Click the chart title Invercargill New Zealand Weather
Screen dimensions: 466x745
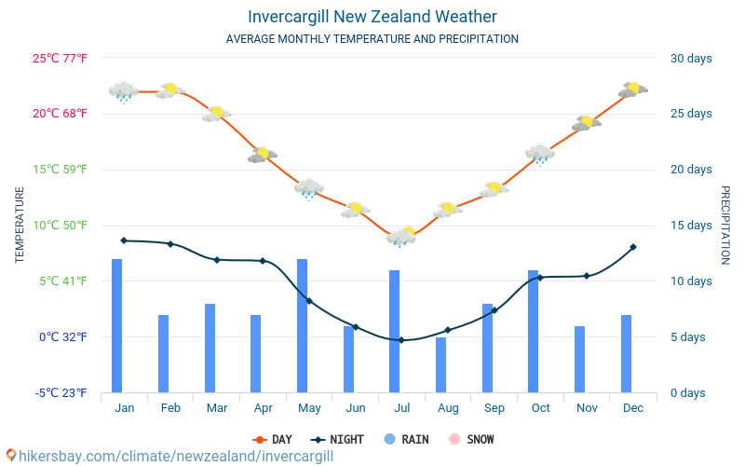point(372,17)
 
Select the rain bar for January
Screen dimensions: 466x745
point(117,325)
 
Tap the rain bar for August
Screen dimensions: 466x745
point(441,364)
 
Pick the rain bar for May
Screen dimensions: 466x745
point(303,325)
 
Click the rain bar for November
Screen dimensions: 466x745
point(580,359)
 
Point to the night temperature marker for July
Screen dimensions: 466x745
point(401,340)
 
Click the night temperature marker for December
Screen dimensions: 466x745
point(633,247)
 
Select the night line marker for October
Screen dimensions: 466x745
point(540,278)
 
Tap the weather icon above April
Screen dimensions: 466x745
point(263,155)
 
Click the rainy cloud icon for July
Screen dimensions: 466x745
point(401,237)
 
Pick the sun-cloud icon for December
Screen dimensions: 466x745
point(633,89)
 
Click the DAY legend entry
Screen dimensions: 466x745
point(273,439)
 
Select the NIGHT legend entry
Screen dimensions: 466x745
point(338,439)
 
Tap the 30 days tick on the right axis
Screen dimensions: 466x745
point(691,59)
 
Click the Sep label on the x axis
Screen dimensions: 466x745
point(494,408)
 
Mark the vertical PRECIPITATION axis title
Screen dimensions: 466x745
point(725,225)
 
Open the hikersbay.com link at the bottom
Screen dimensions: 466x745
point(168,457)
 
